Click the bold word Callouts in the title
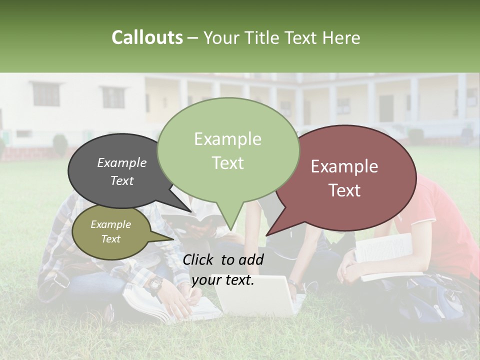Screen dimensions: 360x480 pos(147,37)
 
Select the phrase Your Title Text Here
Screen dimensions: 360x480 pos(282,37)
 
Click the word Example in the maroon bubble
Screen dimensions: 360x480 pos(344,166)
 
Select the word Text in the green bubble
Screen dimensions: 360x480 pos(228,163)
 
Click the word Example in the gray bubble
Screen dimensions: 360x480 pos(121,162)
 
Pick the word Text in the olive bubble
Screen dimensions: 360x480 pos(111,239)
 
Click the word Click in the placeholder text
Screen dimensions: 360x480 pos(199,259)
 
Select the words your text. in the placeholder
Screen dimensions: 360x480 pos(223,280)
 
